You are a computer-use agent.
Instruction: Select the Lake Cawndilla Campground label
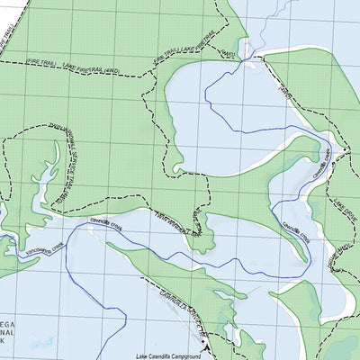click(171, 355)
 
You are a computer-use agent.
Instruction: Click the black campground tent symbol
click(208, 346)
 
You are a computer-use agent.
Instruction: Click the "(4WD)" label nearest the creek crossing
click(228, 55)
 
